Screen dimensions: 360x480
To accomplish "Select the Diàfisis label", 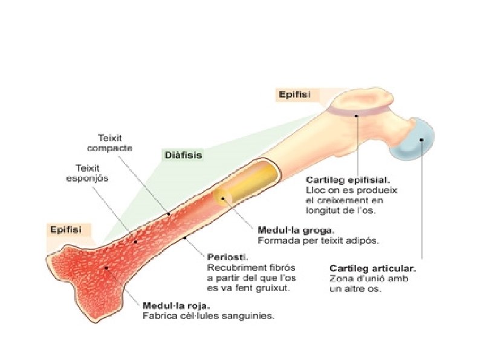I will [x=183, y=155].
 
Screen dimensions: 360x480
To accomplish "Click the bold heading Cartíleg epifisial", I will [x=348, y=180].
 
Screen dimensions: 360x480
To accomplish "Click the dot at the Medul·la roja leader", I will [x=106, y=267].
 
